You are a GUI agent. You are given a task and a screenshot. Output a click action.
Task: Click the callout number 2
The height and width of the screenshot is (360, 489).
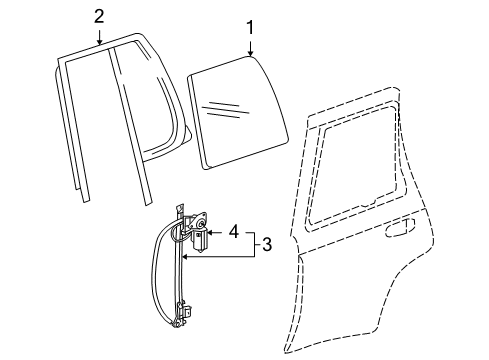[99, 15]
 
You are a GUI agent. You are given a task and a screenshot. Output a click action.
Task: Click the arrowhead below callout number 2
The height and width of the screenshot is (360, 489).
[99, 42]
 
